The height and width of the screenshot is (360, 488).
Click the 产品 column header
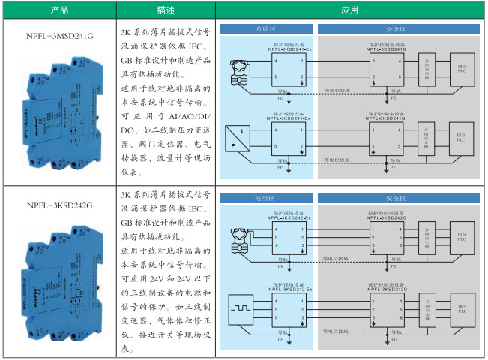[x=59, y=10]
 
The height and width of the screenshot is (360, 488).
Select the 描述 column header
[x=166, y=10]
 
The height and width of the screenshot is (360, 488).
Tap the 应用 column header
[x=349, y=10]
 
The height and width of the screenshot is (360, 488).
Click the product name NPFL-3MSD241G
[x=58, y=34]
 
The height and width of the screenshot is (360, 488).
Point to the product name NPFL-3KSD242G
[x=58, y=205]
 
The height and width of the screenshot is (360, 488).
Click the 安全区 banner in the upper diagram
[x=395, y=29]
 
